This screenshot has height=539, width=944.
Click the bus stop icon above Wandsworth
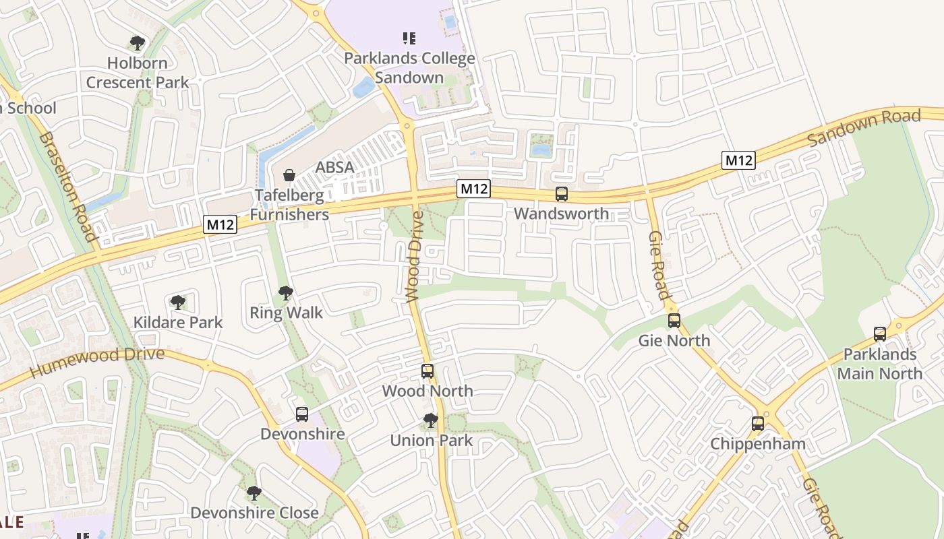coord(561,194)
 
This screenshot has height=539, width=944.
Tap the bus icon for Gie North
coord(674,321)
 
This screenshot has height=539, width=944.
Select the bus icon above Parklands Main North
coord(879,334)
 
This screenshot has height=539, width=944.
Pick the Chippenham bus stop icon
coord(758,424)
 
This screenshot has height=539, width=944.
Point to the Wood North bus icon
coord(427,371)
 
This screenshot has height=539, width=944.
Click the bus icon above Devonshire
coord(301,414)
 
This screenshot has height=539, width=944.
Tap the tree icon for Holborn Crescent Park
coord(138,44)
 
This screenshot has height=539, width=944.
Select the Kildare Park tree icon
coord(177,303)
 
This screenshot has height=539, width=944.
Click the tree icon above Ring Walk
coord(286,293)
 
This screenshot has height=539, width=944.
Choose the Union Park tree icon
coord(430,421)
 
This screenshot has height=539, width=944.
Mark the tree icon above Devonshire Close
coord(254,493)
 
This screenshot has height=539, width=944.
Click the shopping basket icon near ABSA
coord(289,175)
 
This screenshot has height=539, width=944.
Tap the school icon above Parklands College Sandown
coord(409,38)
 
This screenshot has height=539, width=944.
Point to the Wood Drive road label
coord(415,256)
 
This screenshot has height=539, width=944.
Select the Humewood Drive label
coord(97,363)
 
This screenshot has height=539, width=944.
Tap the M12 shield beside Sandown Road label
coord(738,160)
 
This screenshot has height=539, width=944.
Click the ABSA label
coord(334,167)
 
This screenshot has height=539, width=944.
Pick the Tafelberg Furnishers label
coord(289,205)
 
